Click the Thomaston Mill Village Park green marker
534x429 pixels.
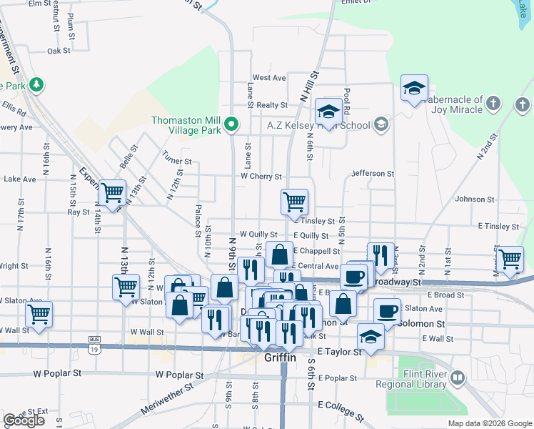click(231, 125)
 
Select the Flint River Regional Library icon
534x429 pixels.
click(458, 376)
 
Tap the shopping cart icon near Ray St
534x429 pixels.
click(111, 193)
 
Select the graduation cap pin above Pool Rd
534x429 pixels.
click(328, 112)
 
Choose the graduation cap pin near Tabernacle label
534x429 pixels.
click(414, 89)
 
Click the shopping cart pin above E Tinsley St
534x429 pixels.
click(294, 202)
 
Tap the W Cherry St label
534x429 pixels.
click(261, 176)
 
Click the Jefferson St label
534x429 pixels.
click(373, 174)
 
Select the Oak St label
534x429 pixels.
click(59, 51)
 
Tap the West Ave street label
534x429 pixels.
click(269, 77)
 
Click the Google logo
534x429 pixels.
click(24, 420)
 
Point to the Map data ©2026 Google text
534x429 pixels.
click(489, 423)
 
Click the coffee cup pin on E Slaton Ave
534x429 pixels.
click(387, 311)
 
